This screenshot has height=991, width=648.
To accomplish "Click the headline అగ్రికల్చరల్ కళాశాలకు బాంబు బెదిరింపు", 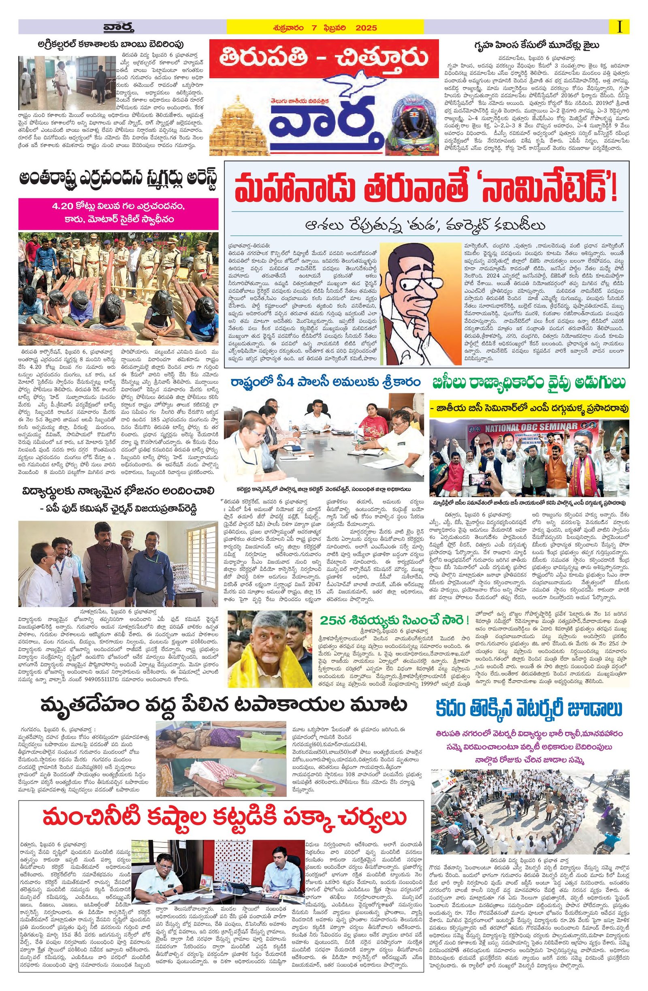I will pos(111,44).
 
